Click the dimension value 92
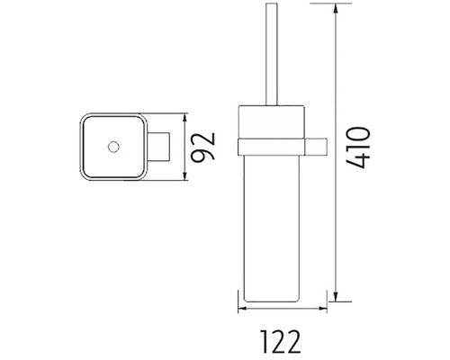[203, 147]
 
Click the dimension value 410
[358, 148]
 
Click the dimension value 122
[280, 341]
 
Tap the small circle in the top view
[113, 147]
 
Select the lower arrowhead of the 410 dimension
[336, 295]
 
